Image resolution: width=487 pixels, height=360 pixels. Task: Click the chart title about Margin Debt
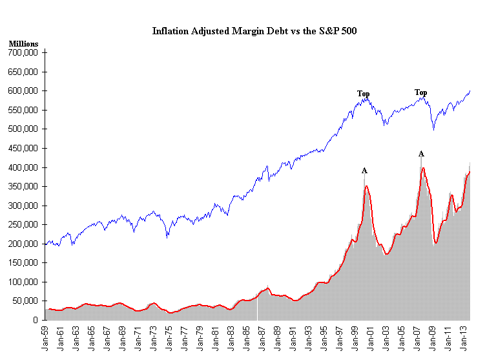tap(254, 30)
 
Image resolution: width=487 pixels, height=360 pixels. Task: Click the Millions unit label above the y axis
tap(23, 44)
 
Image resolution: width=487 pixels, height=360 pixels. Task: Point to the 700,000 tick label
tap(23, 52)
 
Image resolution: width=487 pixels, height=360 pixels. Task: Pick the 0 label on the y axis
tap(37, 320)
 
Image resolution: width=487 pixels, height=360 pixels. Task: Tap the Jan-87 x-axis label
tap(262, 335)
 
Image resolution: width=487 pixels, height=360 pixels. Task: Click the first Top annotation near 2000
tap(364, 94)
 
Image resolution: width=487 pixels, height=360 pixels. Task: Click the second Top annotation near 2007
tap(420, 92)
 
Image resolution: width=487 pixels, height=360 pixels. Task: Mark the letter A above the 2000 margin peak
tap(364, 171)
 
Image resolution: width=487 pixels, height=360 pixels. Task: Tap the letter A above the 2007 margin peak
tap(421, 154)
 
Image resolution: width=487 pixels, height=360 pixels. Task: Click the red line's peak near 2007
tap(422, 168)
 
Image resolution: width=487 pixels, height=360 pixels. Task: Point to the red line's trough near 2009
tap(436, 243)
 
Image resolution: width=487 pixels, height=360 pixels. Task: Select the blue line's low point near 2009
tap(433, 129)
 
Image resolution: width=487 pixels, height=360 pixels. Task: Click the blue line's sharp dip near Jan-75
tap(167, 237)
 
